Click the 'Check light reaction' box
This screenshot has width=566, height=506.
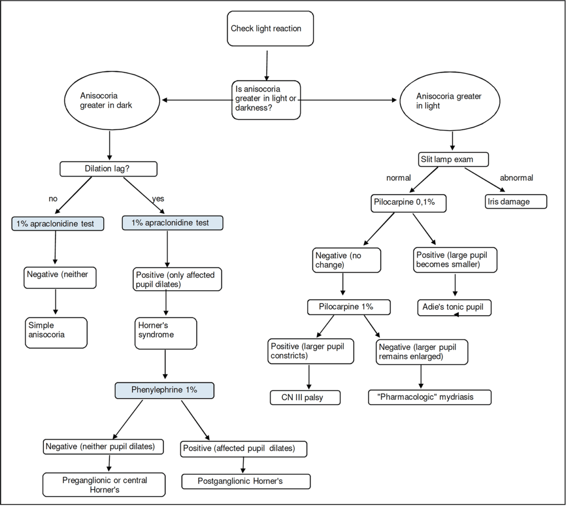[x=270, y=29]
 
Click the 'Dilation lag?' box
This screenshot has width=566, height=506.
[x=108, y=169]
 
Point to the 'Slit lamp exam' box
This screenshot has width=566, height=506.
[x=453, y=159]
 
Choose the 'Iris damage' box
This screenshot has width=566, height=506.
[x=516, y=202]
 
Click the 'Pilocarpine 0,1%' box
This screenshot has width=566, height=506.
[x=408, y=202]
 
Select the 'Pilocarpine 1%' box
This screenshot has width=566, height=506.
[x=349, y=307]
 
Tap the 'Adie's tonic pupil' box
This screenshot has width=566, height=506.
[x=454, y=307]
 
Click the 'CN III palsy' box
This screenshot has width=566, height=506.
[x=305, y=397]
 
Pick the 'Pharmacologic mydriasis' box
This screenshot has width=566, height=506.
[x=429, y=397]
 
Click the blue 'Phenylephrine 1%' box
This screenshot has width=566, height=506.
[x=165, y=390]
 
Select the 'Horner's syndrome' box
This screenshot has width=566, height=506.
[x=166, y=333]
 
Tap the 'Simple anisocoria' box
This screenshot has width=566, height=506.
[x=56, y=332]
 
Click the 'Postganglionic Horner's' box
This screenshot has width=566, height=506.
[x=246, y=481]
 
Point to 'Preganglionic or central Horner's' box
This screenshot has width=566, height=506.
[x=104, y=485]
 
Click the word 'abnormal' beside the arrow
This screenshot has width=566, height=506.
[x=516, y=178]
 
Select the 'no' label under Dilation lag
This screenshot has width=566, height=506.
[x=53, y=198]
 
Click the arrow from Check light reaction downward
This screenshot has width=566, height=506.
[x=267, y=64]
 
